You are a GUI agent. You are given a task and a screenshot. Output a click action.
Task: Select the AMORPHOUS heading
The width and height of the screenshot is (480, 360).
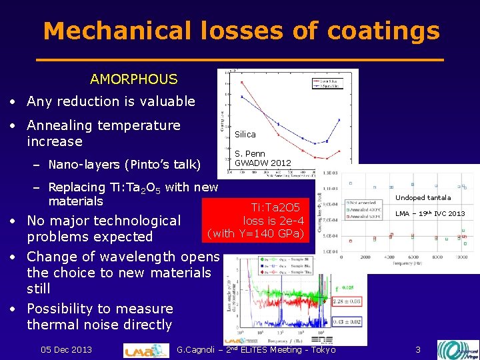pyautogui.click(x=133, y=79)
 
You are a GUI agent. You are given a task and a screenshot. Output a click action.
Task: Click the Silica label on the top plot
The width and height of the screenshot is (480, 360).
pyautogui.click(x=245, y=134)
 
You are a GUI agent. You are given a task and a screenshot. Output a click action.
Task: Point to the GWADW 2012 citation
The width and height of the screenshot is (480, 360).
pyautogui.click(x=263, y=163)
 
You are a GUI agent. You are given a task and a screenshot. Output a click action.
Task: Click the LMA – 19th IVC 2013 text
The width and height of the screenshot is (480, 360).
pyautogui.click(x=430, y=213)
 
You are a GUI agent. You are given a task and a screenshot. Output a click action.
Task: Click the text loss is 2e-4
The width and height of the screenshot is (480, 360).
pyautogui.click(x=273, y=221)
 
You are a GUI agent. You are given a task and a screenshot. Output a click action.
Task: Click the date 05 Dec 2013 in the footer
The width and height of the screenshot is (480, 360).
pyautogui.click(x=66, y=349)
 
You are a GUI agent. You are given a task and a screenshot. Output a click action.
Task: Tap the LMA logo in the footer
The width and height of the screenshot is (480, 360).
pyautogui.click(x=147, y=350)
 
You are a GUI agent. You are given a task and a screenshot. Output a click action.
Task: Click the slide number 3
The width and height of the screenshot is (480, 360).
pyautogui.click(x=417, y=349)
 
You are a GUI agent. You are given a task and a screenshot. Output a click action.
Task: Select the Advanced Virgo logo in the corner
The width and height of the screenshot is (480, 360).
pyautogui.click(x=457, y=349)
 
